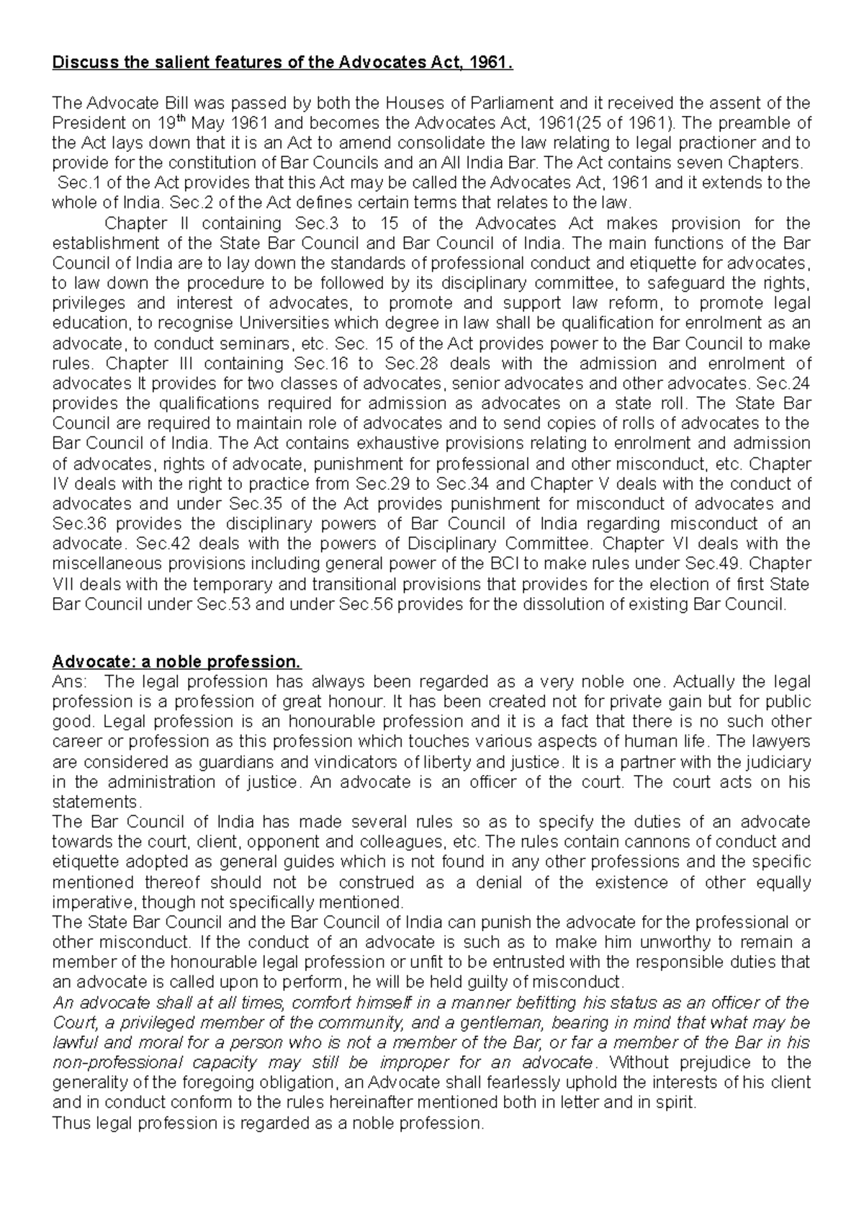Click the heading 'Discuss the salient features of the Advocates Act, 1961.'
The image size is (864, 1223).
coord(284,63)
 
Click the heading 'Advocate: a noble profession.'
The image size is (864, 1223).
coord(176,661)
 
